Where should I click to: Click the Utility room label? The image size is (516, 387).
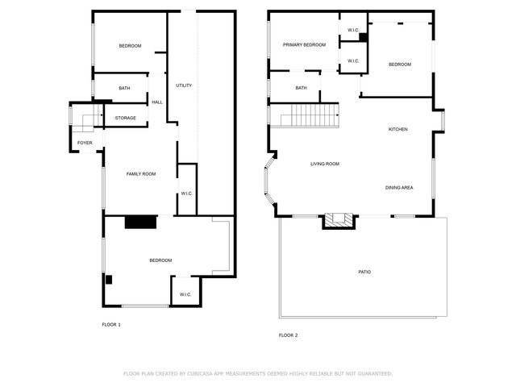click(184, 85)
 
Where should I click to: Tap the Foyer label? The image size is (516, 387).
click(85, 143)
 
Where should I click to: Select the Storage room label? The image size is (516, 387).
click(125, 119)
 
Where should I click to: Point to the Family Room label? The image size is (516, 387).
click(140, 174)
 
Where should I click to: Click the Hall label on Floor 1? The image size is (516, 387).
click(157, 102)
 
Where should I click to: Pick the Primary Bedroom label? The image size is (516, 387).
click(304, 45)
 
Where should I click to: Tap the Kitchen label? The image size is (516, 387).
click(397, 130)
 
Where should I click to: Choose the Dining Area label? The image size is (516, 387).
click(399, 188)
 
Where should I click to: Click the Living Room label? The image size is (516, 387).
click(325, 164)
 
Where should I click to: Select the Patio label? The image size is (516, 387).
click(364, 272)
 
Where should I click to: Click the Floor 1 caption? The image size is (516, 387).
click(111, 324)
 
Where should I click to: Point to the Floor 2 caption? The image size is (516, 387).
click(288, 335)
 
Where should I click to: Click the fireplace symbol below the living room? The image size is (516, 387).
click(339, 220)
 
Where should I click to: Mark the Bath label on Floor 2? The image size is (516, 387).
click(301, 88)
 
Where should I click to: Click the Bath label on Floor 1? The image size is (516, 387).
click(124, 88)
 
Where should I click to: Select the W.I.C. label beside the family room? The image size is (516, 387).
click(185, 193)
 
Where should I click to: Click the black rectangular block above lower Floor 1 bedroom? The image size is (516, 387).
click(140, 223)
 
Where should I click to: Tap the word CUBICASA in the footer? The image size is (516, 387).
click(206, 373)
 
